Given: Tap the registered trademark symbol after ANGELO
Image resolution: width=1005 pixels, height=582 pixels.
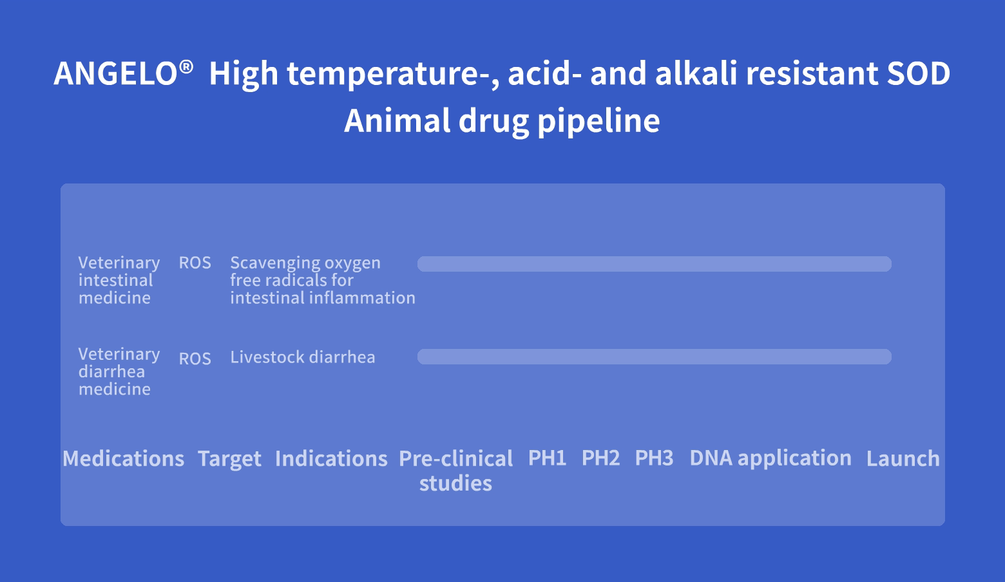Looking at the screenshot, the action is pos(186,68).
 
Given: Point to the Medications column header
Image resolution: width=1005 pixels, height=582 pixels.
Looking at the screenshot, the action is pos(124,458).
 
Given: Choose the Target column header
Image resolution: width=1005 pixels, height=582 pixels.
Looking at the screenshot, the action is pos(229,459).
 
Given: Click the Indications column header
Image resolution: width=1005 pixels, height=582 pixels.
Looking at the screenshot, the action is pos(331,458).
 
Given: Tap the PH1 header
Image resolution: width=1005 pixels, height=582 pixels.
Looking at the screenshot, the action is pos(547,458).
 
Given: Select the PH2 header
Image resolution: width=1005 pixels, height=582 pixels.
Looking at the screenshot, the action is pos(600,458).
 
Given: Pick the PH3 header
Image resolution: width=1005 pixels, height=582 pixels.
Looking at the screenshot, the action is pos(654,458).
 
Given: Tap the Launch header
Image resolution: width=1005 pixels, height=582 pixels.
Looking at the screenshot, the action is pos(903,458).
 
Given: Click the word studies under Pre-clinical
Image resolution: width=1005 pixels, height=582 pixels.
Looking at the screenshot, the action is pos(455,483).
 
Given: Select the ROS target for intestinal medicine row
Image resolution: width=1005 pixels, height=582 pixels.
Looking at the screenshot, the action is pos(195,263).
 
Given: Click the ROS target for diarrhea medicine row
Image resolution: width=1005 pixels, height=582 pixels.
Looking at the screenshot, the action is pos(195,359).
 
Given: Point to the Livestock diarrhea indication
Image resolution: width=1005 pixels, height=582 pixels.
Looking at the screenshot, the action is pos(302,357).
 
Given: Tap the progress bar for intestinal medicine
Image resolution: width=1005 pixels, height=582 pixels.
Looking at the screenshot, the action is pos(654,264).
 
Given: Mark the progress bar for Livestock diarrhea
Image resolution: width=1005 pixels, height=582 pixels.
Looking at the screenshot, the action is pos(654,357).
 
